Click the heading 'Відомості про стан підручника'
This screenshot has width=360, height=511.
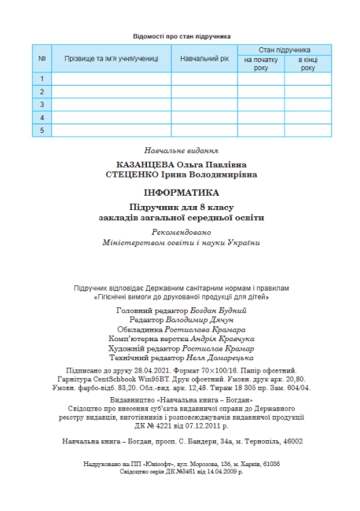click(x=181, y=36)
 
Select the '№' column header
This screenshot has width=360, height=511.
click(x=41, y=59)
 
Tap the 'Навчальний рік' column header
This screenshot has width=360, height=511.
click(x=204, y=59)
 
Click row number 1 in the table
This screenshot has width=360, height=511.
click(x=41, y=79)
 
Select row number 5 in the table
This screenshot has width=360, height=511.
click(x=41, y=131)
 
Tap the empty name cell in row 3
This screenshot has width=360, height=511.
click(x=111, y=105)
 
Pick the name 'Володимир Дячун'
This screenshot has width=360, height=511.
click(x=203, y=320)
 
